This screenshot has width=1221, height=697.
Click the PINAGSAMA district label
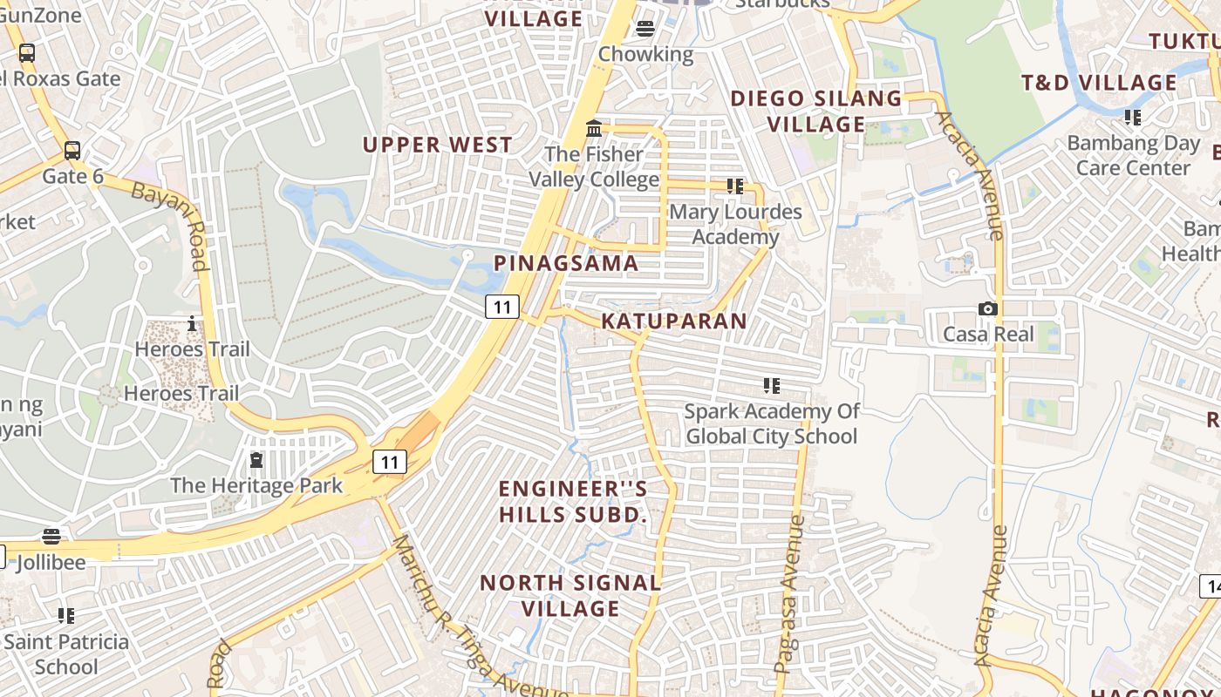566,263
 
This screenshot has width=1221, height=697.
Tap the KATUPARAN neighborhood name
674,321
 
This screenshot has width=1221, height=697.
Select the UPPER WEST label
438,145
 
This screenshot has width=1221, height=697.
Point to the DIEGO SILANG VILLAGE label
816,112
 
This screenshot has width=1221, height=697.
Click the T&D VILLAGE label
1099,84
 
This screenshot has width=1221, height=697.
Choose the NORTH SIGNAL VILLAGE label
571,596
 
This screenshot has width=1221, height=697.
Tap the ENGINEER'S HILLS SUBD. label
574,502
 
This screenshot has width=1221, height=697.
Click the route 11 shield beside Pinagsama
501,307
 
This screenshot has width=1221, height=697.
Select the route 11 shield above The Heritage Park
390,462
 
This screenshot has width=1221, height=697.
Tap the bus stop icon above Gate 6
72,150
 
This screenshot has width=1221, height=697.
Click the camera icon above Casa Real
987,309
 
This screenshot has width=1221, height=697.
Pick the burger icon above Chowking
645,29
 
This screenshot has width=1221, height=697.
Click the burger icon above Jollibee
51,537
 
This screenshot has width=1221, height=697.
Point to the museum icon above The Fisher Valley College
594,129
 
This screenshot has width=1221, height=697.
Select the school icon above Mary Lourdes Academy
735,186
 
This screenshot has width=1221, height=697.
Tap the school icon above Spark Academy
771,385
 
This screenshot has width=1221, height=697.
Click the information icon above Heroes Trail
192,325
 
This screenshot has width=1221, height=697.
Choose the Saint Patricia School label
66,654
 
